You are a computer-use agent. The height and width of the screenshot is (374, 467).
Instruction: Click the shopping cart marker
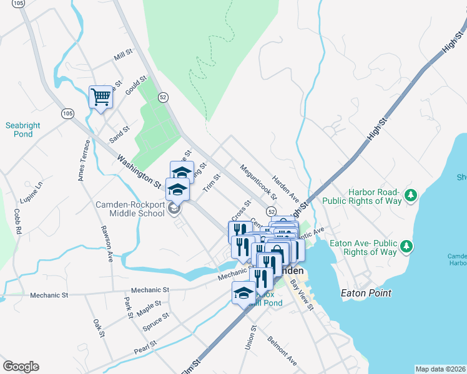pos(100,97)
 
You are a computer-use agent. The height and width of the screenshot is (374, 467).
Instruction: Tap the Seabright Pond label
pos(23,130)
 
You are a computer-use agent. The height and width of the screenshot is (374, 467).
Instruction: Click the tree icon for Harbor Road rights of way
pos(410,196)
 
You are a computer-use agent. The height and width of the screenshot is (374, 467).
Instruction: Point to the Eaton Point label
pos(366,293)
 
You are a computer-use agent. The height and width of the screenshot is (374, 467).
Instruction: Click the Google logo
pos(21,367)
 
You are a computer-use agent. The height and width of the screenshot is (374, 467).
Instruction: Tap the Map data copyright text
pos(440,369)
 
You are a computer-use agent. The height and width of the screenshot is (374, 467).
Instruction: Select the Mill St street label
pos(124,57)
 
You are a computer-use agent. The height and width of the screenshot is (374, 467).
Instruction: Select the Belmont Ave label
pos(282,350)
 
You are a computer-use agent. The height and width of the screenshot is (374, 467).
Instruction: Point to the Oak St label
pos(98,328)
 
